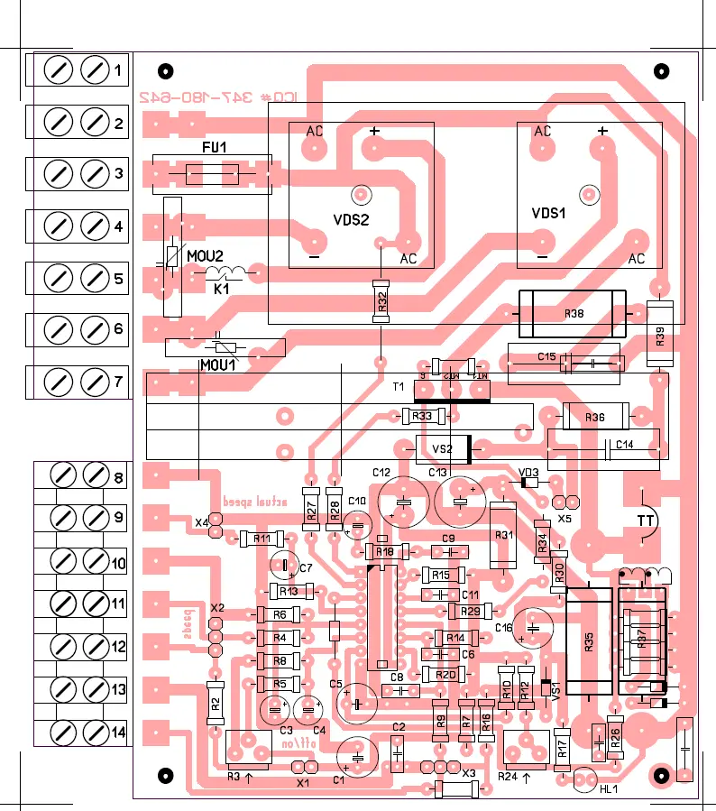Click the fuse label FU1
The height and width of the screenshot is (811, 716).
tap(215, 147)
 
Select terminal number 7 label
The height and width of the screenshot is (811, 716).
tap(118, 382)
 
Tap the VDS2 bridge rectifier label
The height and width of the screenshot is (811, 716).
tap(352, 218)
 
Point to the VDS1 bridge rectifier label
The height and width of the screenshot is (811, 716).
tap(549, 214)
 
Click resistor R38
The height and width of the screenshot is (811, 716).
tap(574, 314)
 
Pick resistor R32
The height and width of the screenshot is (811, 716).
tap(382, 302)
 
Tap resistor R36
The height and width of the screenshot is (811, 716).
tap(594, 417)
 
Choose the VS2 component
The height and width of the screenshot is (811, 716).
tap(443, 448)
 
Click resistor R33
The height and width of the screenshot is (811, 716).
tap(422, 416)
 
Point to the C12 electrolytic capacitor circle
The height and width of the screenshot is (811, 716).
tap(405, 502)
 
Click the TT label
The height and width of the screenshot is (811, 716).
tap(646, 521)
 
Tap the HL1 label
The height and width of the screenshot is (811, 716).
tap(609, 789)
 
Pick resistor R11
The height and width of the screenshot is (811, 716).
tap(262, 539)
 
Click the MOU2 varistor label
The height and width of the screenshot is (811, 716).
tap(205, 255)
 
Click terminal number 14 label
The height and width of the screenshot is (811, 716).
tap(118, 732)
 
